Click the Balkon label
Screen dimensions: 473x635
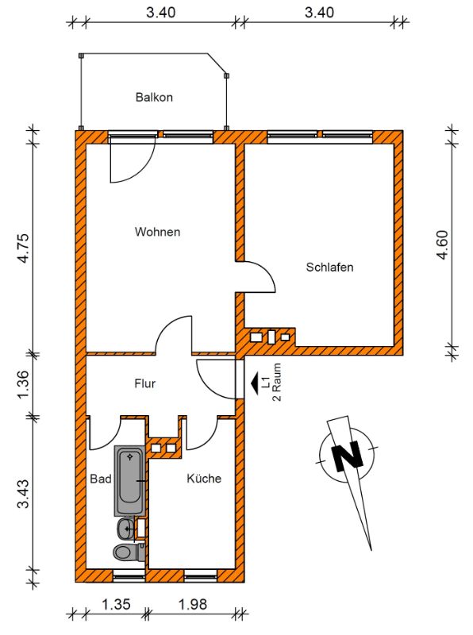(154, 97)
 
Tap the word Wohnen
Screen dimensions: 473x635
(157, 232)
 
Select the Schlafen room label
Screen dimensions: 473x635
(329, 267)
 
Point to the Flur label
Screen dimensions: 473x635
(145, 383)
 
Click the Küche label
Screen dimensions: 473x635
(204, 479)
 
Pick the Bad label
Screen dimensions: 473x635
(101, 479)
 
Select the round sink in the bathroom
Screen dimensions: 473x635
(126, 529)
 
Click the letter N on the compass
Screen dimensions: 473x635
(347, 456)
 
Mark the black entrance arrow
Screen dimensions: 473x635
(255, 383)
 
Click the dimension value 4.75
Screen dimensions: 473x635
(24, 248)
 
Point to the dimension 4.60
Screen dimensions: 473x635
(443, 244)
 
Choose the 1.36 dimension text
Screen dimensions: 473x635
(24, 384)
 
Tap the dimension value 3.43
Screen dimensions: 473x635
(24, 494)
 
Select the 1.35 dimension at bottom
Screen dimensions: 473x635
(116, 604)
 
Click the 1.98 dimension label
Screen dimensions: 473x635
(193, 604)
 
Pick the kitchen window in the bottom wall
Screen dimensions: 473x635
(201, 575)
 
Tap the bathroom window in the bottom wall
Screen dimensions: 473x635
(129, 575)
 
